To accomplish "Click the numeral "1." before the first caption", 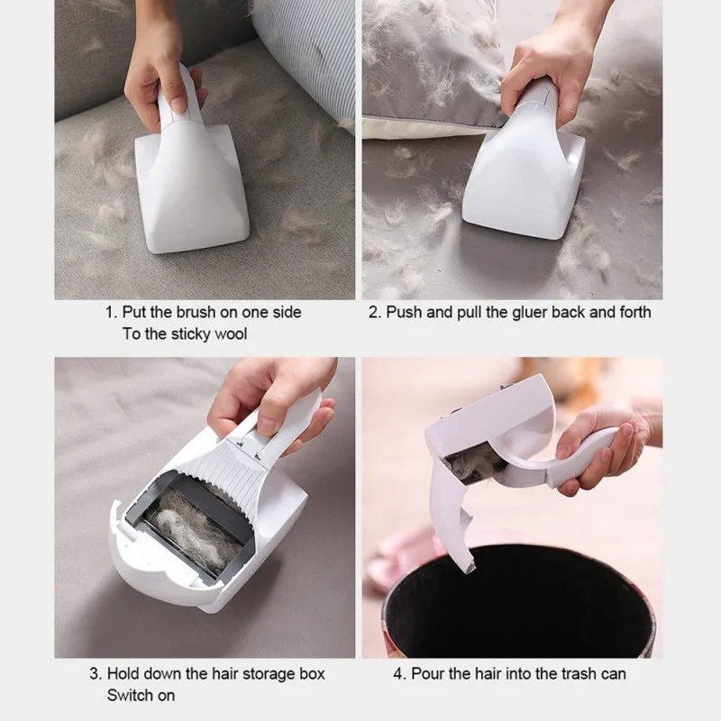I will (112, 312).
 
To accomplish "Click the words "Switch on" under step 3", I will (141, 695).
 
